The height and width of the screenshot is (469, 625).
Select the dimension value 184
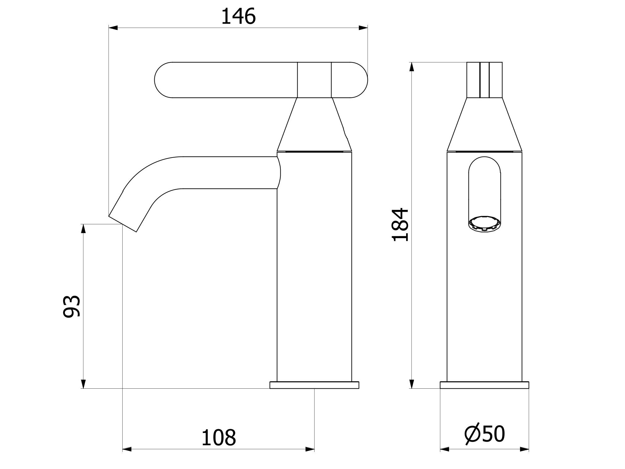(x=400, y=225)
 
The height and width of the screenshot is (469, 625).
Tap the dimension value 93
(x=72, y=306)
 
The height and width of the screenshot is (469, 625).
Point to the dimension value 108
(x=218, y=438)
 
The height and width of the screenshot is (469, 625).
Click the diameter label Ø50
(x=485, y=434)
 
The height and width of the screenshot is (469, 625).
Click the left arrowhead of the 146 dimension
(x=113, y=28)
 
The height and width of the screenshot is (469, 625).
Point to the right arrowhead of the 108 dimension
(x=310, y=450)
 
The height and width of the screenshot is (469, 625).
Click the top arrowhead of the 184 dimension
(x=412, y=67)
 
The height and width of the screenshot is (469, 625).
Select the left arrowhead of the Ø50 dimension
(x=445, y=450)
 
